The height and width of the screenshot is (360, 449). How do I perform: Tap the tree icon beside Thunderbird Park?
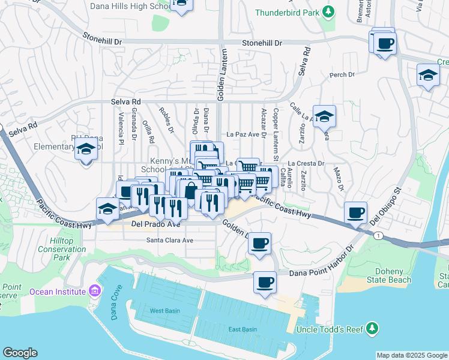click(x=328, y=11)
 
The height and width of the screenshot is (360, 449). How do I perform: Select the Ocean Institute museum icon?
click(x=94, y=292)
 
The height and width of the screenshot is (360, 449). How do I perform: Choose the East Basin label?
click(x=243, y=329)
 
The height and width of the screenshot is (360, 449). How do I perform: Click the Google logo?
click(x=20, y=353)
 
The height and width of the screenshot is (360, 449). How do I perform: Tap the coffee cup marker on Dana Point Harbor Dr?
click(x=265, y=281)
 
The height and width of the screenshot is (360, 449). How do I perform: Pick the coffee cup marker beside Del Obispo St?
click(x=355, y=212)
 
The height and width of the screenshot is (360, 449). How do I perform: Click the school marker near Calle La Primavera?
click(x=324, y=116)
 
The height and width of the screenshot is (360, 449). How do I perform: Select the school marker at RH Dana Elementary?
click(x=86, y=149)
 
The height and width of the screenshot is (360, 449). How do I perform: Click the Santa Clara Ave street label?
click(x=170, y=240)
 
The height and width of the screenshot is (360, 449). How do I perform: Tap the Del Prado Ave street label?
click(x=155, y=225)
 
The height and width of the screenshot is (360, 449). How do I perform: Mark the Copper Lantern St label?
click(x=276, y=126)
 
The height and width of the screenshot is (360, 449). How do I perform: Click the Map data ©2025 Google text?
click(x=411, y=355)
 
